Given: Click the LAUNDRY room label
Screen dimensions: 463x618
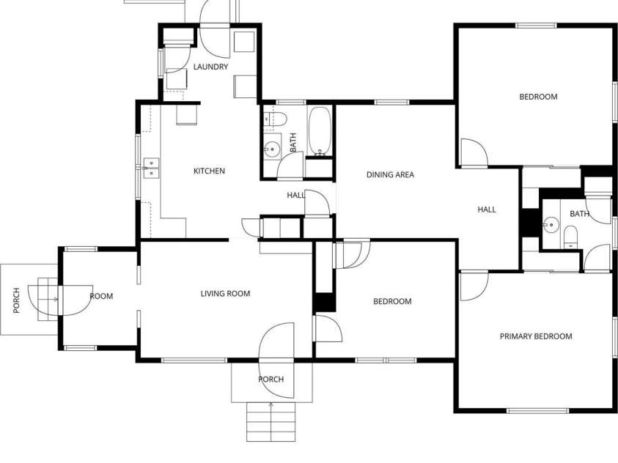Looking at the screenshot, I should (x=210, y=67).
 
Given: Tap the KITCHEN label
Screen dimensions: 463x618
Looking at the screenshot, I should (x=209, y=171).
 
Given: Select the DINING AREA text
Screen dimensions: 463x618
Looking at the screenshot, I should (x=390, y=175).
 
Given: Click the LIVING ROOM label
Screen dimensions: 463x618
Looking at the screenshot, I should (x=225, y=294).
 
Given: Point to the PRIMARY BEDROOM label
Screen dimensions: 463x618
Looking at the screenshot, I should (x=535, y=336).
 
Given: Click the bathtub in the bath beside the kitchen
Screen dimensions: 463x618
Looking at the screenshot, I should (x=320, y=132).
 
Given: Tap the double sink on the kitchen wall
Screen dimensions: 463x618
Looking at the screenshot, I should (x=150, y=169).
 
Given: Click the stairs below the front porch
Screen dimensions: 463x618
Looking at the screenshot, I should (x=271, y=423).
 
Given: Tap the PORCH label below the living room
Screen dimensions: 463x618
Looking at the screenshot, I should (x=271, y=379).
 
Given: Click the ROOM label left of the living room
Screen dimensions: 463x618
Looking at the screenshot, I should (x=101, y=296).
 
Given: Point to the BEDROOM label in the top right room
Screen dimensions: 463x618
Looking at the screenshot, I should (x=538, y=97).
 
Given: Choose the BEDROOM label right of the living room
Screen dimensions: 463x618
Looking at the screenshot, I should (x=392, y=301).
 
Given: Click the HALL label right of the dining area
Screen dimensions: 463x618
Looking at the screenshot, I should (x=487, y=210).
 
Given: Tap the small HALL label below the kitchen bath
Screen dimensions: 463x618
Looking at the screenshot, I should (x=295, y=196).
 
